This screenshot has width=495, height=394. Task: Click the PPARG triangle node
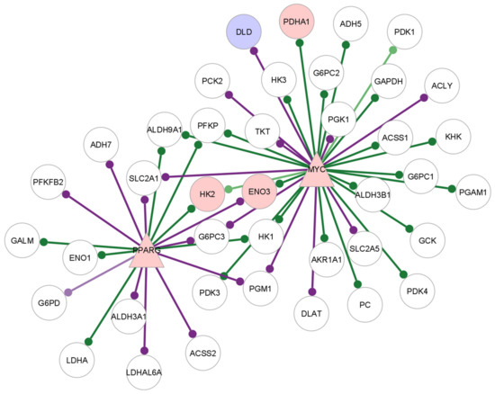point(145,252)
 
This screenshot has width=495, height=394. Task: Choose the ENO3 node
point(260,191)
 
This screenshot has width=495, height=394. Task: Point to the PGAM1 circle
point(472,191)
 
